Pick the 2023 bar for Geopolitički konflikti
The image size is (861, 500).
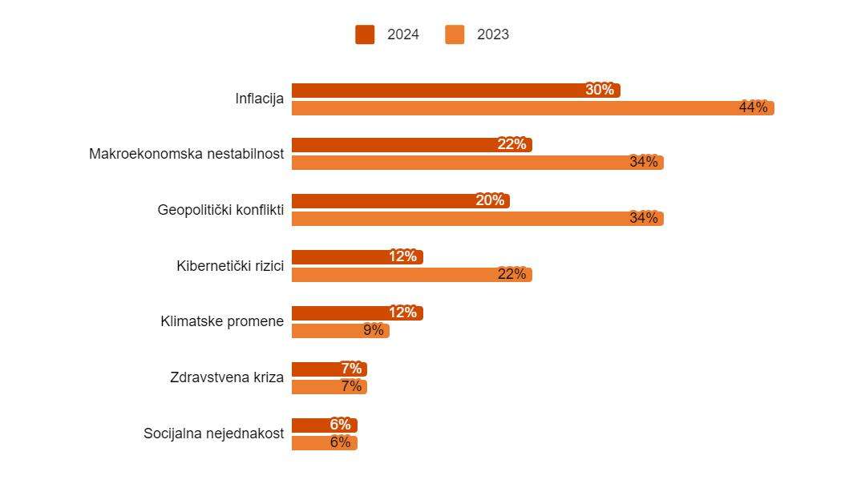[x=477, y=219]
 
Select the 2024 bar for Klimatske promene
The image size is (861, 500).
[x=357, y=313]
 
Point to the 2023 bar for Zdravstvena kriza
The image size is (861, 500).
[x=329, y=387]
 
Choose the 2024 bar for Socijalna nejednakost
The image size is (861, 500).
[x=324, y=425]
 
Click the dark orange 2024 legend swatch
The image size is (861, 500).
[x=365, y=34]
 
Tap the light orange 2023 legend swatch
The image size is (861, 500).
[x=455, y=34]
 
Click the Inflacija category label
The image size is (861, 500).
[x=259, y=99]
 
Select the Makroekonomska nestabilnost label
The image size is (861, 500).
[x=186, y=154]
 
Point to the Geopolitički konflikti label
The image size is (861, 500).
[x=220, y=210]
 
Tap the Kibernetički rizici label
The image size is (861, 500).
[x=230, y=266]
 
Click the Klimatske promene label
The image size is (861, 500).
[x=222, y=321]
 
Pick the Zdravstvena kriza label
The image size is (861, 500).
[x=227, y=377]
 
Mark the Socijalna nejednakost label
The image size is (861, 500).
[x=213, y=433]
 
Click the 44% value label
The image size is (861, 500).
[x=753, y=107]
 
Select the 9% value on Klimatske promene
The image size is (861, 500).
[x=374, y=330]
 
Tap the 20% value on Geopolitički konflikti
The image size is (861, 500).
[x=490, y=200]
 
